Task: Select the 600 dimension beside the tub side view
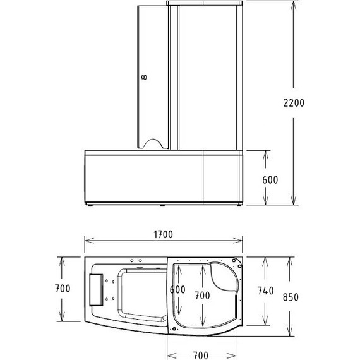click(270, 179)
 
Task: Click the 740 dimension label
click(265, 291)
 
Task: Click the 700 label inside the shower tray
click(202, 296)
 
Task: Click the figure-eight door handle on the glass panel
click(144, 78)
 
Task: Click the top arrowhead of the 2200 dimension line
click(294, 4)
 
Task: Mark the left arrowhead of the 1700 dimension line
click(88, 242)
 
